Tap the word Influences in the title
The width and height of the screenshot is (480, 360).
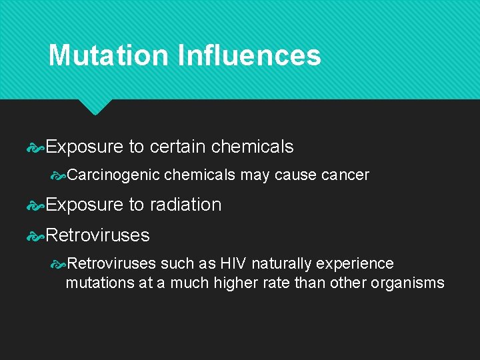pyautogui.click(x=249, y=55)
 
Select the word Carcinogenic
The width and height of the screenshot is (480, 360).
pyautogui.click(x=113, y=175)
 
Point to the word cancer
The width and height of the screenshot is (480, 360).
pyautogui.click(x=345, y=175)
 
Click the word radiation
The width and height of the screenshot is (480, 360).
pyautogui.click(x=185, y=205)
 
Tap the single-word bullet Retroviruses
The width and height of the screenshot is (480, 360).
pyautogui.click(x=97, y=235)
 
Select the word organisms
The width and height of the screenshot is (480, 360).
pyautogui.click(x=407, y=283)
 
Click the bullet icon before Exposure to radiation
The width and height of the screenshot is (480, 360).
pyautogui.click(x=35, y=205)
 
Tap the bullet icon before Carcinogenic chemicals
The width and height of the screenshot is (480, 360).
pyautogui.click(x=59, y=176)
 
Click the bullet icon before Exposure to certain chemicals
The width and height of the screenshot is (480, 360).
pyautogui.click(x=35, y=147)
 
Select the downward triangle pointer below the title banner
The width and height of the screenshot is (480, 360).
pyautogui.click(x=95, y=107)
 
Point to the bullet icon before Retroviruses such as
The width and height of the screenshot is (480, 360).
pyautogui.click(x=59, y=265)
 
